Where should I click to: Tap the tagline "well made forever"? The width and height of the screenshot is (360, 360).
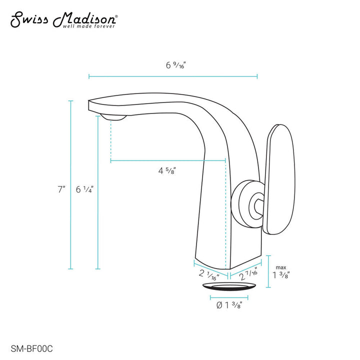click(88, 26)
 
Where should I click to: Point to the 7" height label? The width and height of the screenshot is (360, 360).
click(61, 190)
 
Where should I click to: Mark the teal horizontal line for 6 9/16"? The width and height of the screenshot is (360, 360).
click(173, 76)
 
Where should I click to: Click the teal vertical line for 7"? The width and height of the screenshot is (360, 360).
click(71, 185)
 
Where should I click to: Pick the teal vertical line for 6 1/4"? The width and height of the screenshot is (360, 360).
click(98, 195)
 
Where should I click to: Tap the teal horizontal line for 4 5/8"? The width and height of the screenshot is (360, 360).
click(167, 160)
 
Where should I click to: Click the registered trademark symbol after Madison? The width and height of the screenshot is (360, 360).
click(117, 16)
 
